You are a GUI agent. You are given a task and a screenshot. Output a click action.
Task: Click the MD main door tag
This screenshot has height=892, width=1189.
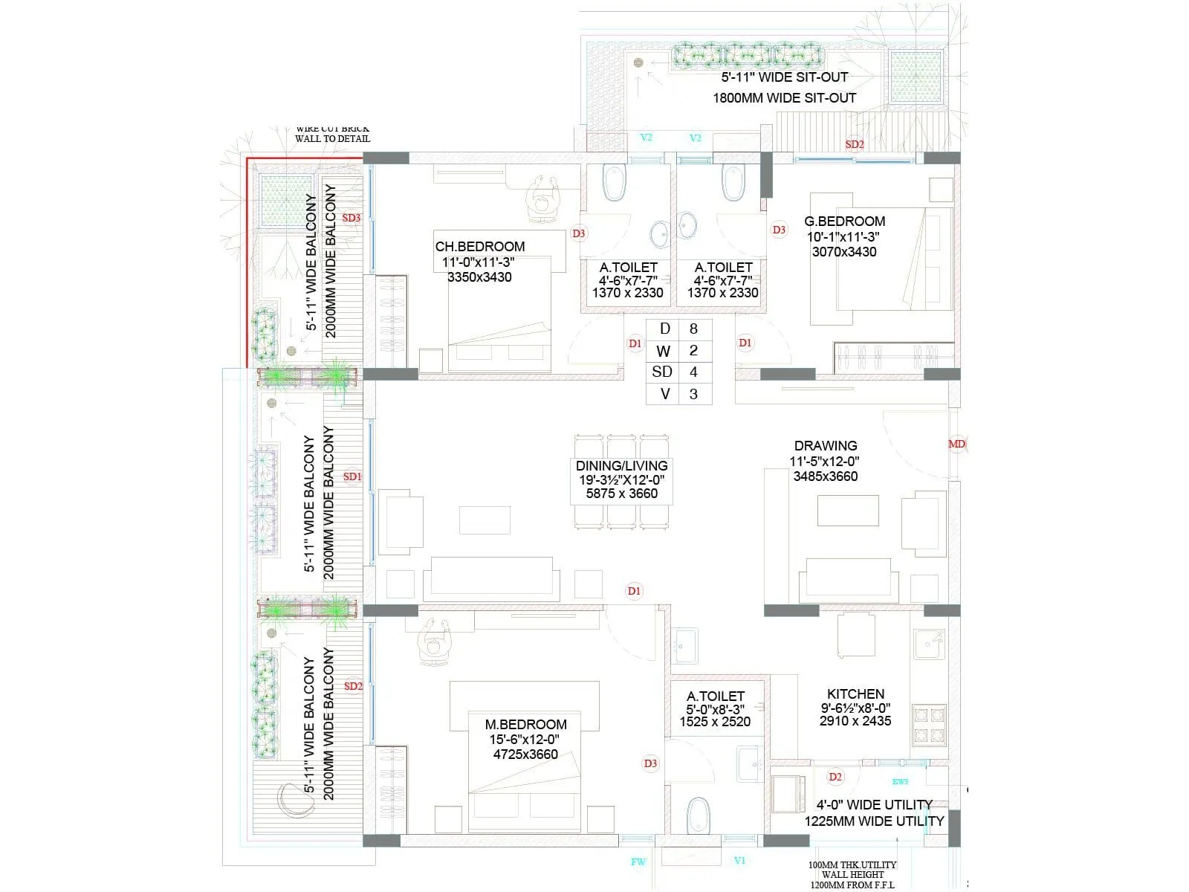pos(956,445)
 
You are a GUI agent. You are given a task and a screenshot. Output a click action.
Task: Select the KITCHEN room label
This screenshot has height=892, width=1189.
pos(855,694)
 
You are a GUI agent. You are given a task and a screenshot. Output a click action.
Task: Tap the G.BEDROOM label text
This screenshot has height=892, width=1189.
pos(844,221)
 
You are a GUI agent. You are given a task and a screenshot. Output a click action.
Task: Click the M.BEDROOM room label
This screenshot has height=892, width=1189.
pos(525,724)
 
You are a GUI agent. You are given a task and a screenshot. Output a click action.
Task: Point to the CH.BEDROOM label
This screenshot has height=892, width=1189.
pos(479,246)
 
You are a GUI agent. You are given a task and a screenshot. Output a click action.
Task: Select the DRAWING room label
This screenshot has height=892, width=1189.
pos(825,445)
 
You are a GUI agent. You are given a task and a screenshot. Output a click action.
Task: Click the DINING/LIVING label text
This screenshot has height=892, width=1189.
pos(621,465)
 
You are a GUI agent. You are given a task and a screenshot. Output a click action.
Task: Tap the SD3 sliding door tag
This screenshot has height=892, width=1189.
pos(351,218)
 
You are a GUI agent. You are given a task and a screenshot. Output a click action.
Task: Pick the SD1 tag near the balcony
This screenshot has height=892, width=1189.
pos(351,476)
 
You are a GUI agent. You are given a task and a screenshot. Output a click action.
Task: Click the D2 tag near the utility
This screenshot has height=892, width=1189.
pos(835,777)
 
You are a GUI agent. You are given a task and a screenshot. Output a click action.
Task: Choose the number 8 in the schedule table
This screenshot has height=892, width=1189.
pos(693,329)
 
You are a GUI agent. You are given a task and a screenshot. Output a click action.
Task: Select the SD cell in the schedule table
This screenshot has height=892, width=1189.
pos(662,372)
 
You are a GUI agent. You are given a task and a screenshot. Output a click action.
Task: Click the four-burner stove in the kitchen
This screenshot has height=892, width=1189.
pos(929,725)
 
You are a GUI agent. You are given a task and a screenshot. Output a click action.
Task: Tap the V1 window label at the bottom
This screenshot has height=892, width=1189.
pos(739,861)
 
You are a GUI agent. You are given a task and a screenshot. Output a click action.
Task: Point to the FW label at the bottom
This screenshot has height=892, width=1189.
pos(638,862)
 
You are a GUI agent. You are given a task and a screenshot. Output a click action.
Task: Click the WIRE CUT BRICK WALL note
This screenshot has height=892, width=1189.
pos(332,134)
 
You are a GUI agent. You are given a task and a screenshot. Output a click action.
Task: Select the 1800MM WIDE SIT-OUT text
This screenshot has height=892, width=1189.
pos(784,98)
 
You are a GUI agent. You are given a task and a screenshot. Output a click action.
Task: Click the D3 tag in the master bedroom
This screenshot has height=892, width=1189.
pos(650,763)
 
